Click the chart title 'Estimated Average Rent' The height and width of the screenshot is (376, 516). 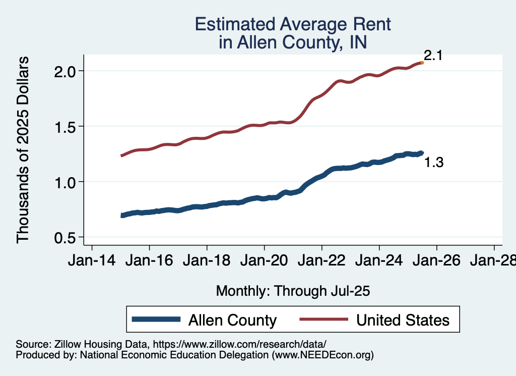pyautogui.click(x=293, y=24)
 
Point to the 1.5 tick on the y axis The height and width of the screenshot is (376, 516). pyautogui.click(x=64, y=126)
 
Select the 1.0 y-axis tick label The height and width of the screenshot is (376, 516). pyautogui.click(x=64, y=182)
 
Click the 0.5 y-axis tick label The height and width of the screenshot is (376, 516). pyautogui.click(x=64, y=237)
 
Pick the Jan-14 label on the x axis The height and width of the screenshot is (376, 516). pyautogui.click(x=92, y=261)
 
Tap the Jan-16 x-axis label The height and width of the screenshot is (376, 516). pyautogui.click(x=149, y=261)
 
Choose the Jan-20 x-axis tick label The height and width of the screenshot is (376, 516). pyautogui.click(x=264, y=261)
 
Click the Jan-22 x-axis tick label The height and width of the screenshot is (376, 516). pyautogui.click(x=321, y=261)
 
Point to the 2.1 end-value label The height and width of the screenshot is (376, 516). pyautogui.click(x=433, y=56)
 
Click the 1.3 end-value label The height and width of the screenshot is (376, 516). pyautogui.click(x=434, y=163)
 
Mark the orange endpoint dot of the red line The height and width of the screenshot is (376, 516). pyautogui.click(x=422, y=63)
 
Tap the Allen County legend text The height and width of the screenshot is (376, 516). pyautogui.click(x=232, y=320)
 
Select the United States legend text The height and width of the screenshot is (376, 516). pyautogui.click(x=402, y=320)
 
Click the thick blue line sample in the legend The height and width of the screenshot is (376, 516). pyautogui.click(x=156, y=319)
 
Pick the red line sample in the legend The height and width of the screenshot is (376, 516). pyautogui.click(x=324, y=319)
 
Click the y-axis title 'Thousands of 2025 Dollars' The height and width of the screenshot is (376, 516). pyautogui.click(x=24, y=150)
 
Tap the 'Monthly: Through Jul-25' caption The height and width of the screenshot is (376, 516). pyautogui.click(x=293, y=291)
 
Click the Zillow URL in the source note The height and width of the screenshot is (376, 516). pyautogui.click(x=239, y=344)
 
